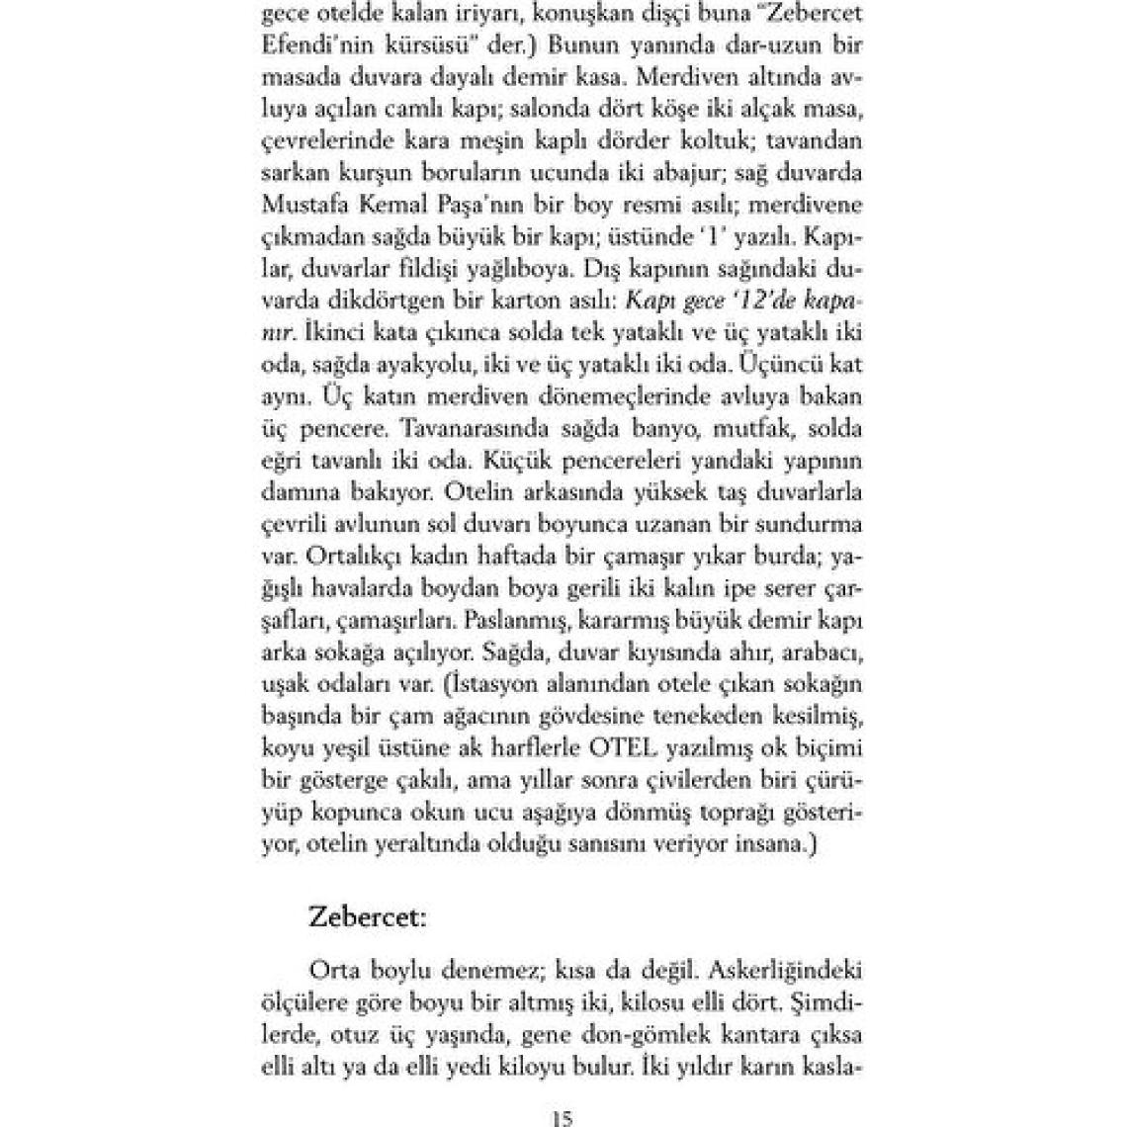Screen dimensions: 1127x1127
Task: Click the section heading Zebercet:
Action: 367,915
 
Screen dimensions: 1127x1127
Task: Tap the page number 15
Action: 562,1119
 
